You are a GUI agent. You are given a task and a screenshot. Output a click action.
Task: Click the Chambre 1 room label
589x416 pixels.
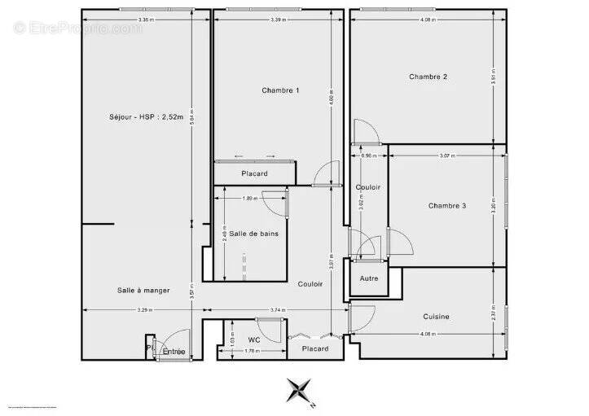[280, 90]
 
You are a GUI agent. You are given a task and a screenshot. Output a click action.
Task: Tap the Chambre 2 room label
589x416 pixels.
[428, 77]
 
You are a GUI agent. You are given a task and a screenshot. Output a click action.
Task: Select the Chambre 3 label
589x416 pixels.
[447, 206]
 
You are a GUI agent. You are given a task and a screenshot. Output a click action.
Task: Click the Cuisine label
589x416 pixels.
[436, 317]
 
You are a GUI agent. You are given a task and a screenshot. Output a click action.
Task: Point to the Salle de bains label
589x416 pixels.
[253, 234]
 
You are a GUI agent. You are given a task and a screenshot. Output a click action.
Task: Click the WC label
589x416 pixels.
[254, 339]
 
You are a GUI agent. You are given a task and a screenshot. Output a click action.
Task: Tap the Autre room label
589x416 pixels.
[369, 278]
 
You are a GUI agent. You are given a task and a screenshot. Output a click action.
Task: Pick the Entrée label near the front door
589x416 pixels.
[174, 352]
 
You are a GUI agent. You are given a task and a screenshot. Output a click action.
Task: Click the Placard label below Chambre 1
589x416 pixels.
[254, 174]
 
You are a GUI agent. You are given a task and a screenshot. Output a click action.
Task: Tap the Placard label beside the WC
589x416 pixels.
[314, 348]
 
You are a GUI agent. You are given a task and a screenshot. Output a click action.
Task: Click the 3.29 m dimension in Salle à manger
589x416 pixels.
[143, 310]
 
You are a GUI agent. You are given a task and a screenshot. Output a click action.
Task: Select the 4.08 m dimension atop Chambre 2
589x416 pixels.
[427, 19]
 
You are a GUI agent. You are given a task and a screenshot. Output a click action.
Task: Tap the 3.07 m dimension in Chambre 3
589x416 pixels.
[446, 155]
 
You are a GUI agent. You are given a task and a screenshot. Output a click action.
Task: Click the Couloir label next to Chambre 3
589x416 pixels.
[368, 187]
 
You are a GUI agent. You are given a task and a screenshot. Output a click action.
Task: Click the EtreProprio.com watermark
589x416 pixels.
[77, 28]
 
